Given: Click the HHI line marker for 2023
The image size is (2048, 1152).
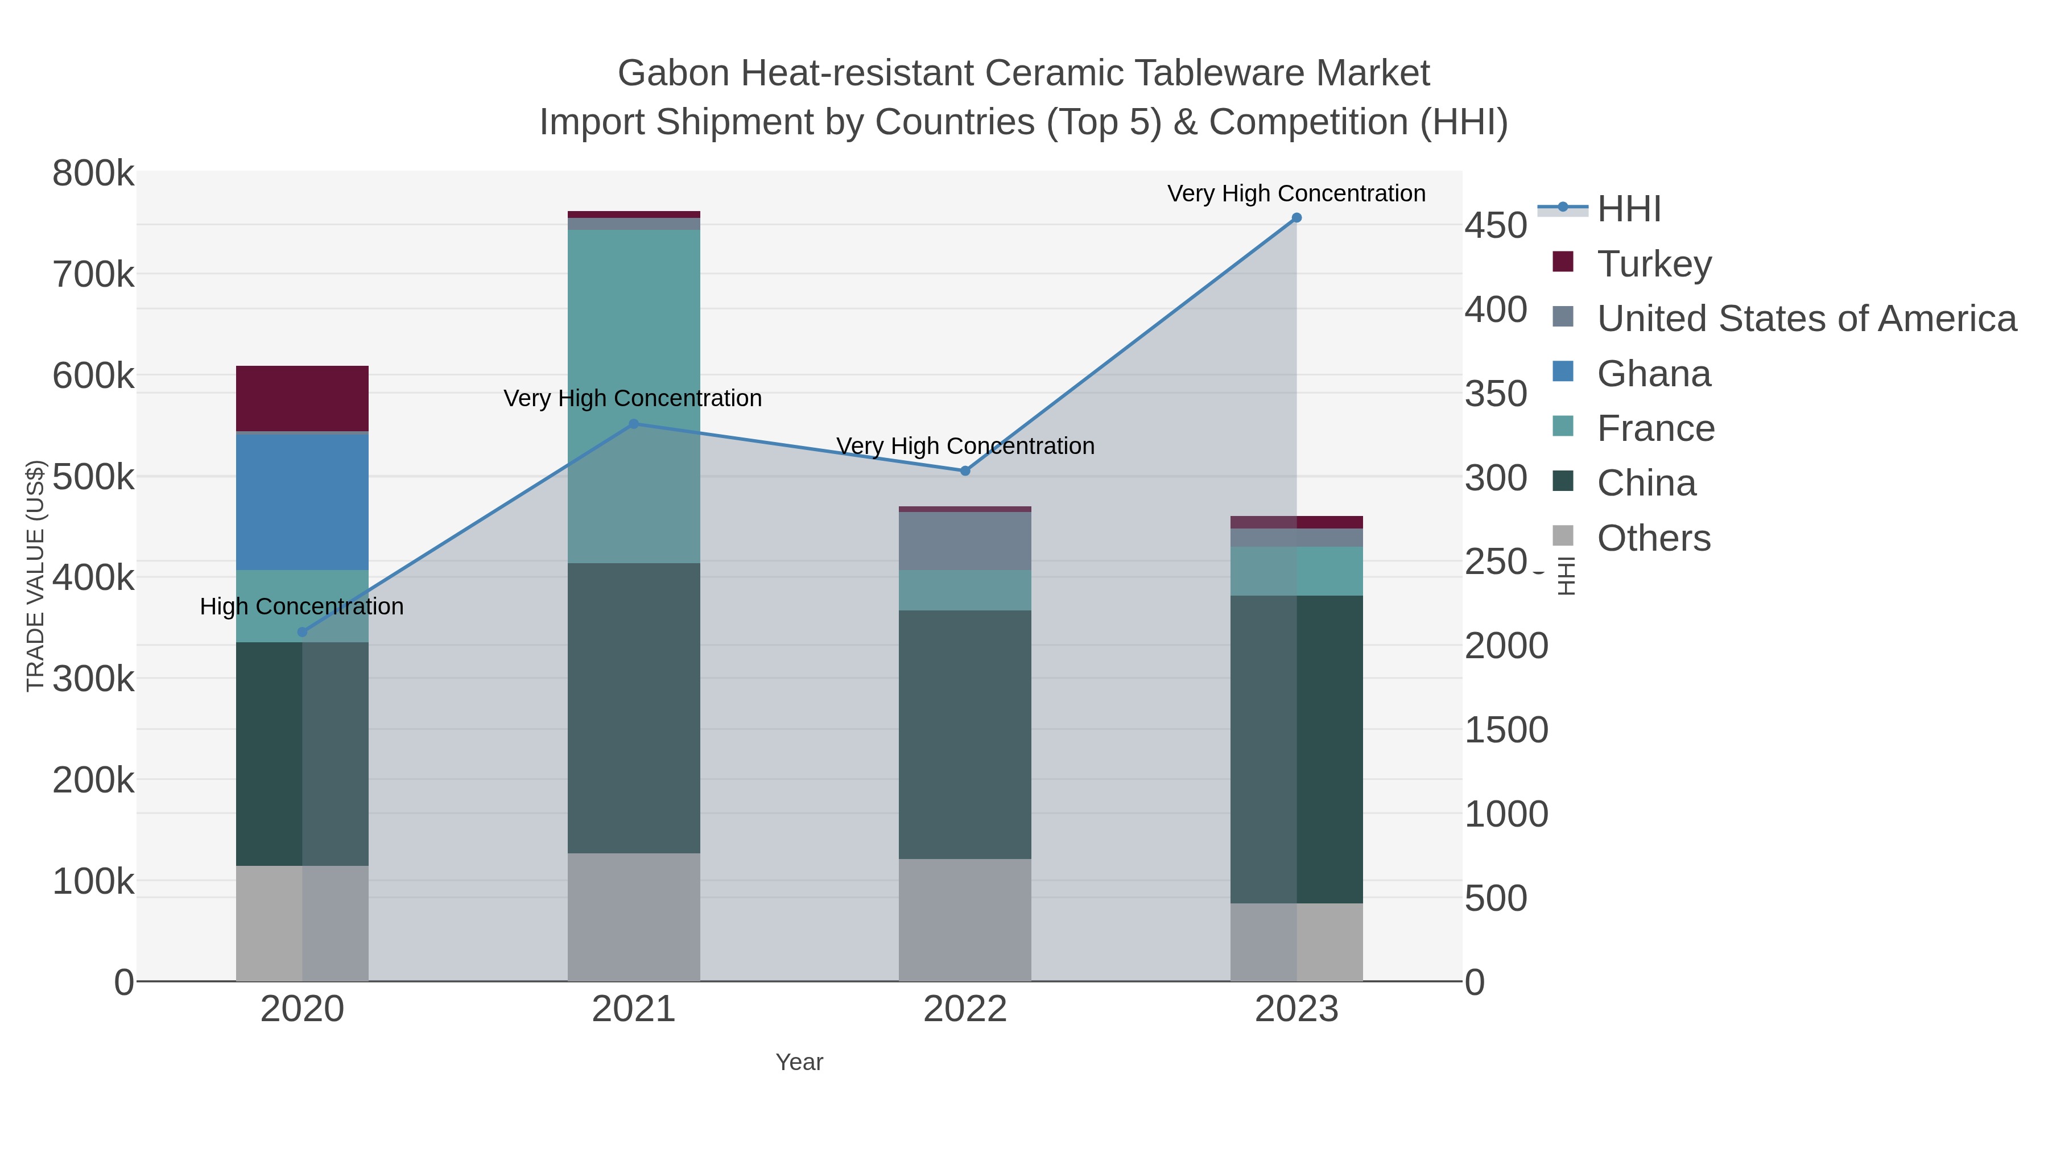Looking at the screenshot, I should (x=1296, y=218).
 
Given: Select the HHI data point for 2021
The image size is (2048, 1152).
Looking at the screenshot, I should (x=634, y=424).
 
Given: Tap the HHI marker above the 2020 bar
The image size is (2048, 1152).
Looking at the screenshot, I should (x=302, y=632).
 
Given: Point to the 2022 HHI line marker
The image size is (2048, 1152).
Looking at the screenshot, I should (x=965, y=470).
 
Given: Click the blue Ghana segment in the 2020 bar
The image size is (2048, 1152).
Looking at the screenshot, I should (x=302, y=502).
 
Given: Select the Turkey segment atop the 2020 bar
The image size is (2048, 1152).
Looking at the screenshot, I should (x=302, y=398).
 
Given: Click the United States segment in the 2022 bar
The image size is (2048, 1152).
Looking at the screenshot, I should (x=965, y=540).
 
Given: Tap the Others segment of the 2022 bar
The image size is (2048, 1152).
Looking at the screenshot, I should (x=965, y=920).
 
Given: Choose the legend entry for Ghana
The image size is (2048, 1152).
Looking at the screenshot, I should (x=1654, y=374).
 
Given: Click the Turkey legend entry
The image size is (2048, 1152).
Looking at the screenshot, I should (x=1654, y=264).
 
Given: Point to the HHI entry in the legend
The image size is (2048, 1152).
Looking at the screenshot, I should (x=1628, y=209).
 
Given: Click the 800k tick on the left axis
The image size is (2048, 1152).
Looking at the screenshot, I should (x=93, y=174).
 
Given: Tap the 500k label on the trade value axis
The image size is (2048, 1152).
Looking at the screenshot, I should (x=93, y=477).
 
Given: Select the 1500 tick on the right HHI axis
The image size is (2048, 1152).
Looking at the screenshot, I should (x=1506, y=730).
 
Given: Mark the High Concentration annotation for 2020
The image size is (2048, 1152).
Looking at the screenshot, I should (x=302, y=606).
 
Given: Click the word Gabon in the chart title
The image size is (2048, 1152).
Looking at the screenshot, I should (x=674, y=73).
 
